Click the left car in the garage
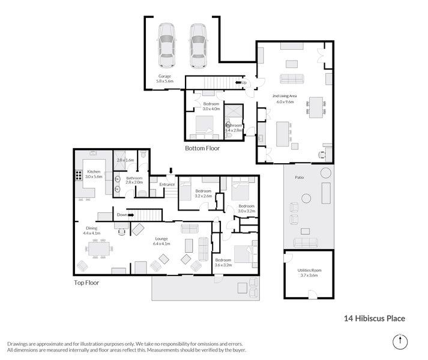point(166,46)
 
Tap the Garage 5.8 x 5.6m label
point(164,79)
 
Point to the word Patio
point(298,178)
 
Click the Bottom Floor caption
point(202,148)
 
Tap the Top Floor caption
point(87,281)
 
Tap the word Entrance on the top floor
point(167,184)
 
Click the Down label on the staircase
point(122,214)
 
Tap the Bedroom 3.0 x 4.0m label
point(211,106)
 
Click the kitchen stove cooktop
point(78,177)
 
